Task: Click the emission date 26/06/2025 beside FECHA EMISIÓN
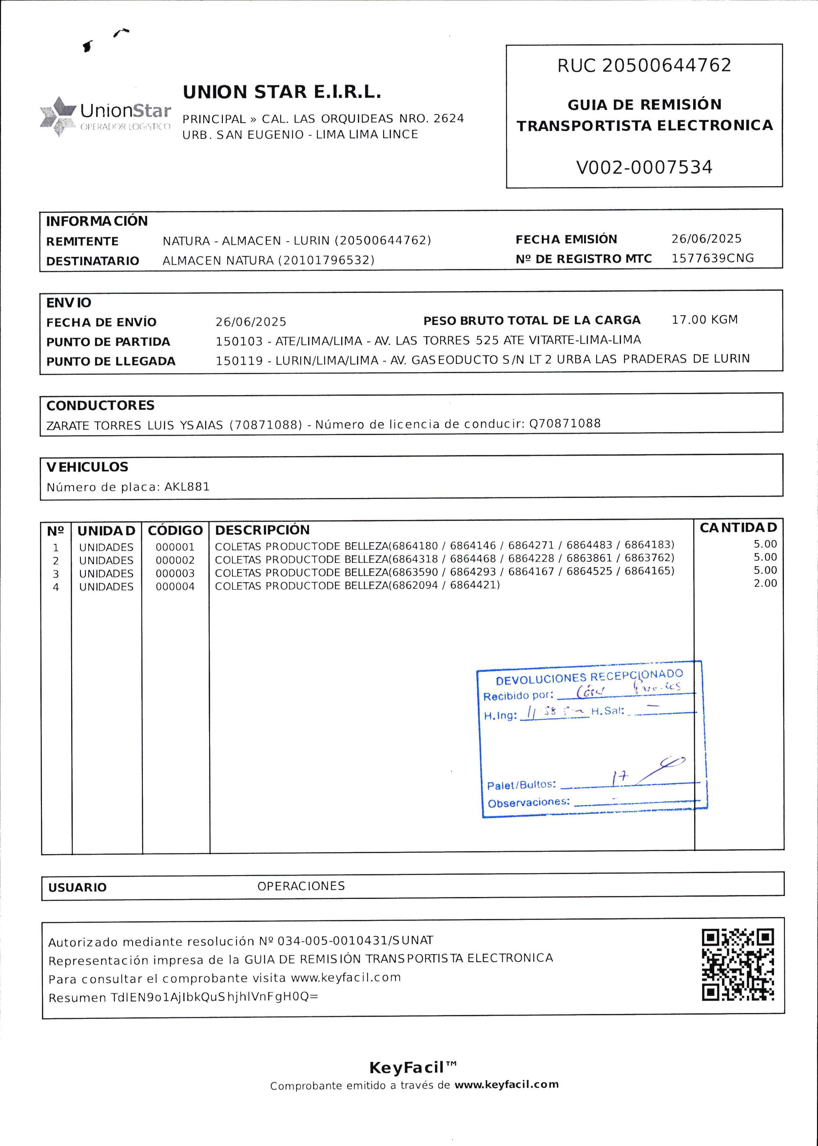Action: click(x=706, y=239)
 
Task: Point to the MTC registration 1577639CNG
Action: click(x=712, y=258)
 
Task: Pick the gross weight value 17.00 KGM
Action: click(x=704, y=320)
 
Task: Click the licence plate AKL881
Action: click(x=187, y=487)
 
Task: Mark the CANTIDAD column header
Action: click(x=738, y=528)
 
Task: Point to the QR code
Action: click(x=737, y=965)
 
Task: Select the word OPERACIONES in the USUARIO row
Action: click(x=301, y=886)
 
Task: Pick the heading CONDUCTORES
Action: click(x=100, y=405)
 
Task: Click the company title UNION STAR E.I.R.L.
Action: click(x=282, y=92)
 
